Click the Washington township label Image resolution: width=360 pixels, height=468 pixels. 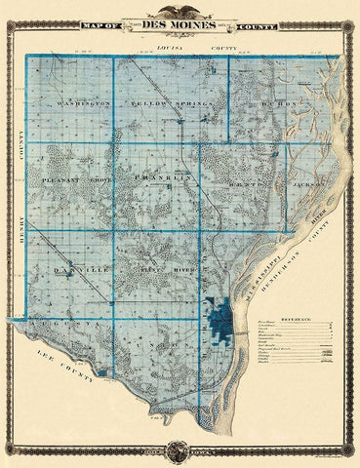(x=80, y=101)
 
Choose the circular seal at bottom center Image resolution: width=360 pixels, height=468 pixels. (x=180, y=449)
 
